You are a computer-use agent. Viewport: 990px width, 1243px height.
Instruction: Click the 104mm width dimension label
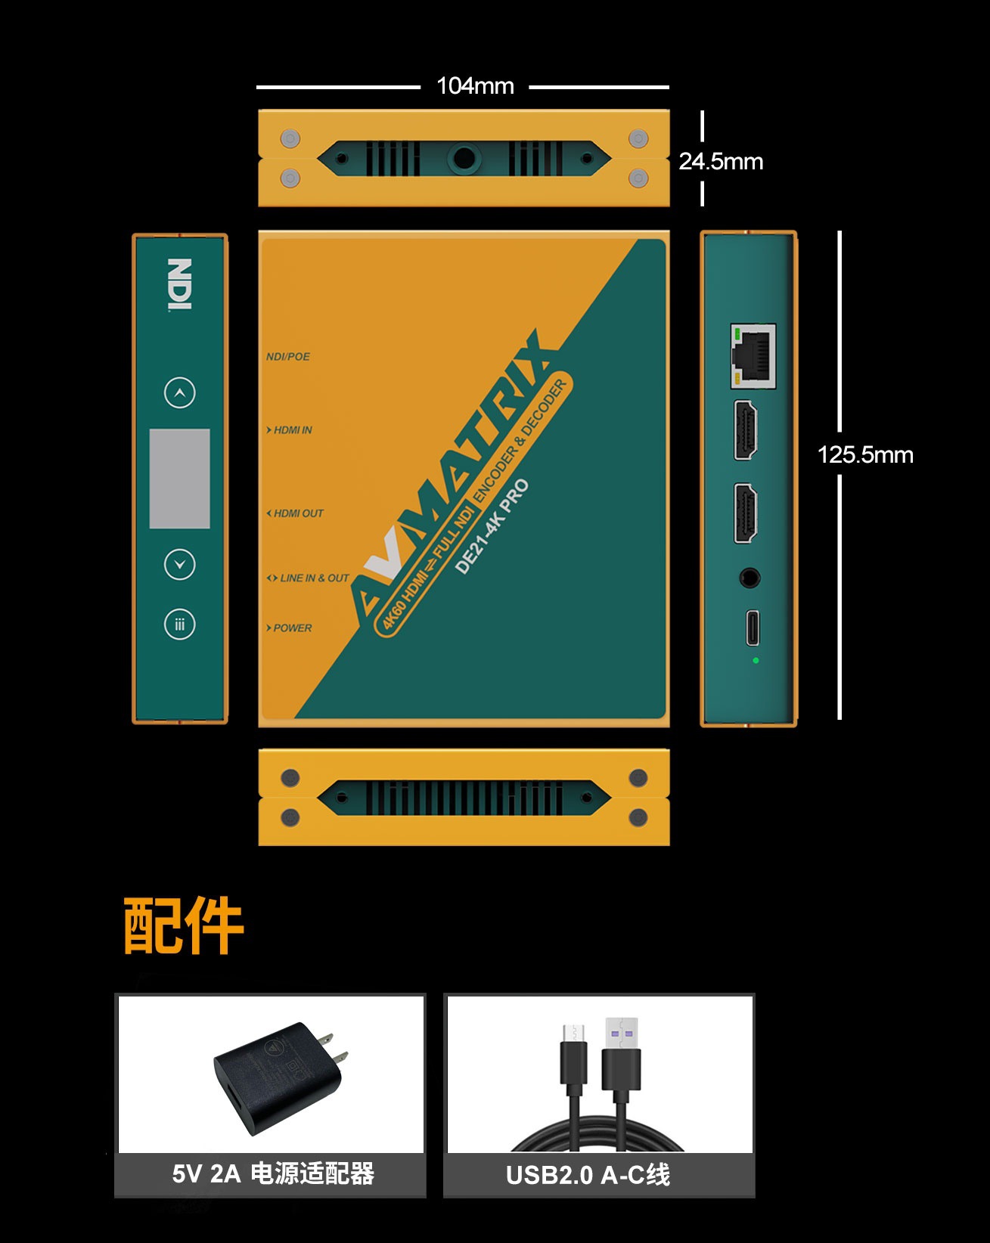click(475, 86)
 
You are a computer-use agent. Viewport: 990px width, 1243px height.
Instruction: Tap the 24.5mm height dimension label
click(721, 161)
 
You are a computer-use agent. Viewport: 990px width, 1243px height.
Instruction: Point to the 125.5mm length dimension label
click(865, 454)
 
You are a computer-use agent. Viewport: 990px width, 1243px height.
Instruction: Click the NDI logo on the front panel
click(180, 284)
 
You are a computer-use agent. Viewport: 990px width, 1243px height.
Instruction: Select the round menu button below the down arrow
click(180, 625)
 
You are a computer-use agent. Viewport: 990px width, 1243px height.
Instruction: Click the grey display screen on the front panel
click(180, 479)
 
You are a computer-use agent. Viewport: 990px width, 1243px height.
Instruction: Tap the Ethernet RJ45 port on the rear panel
click(753, 355)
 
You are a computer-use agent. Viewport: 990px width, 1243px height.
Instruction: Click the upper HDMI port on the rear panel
click(746, 430)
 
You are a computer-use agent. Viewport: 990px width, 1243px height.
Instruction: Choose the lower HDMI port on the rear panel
click(746, 513)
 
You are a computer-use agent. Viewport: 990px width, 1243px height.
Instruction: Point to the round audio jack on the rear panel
click(749, 578)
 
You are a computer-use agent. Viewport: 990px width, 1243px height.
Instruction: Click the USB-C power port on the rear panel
click(753, 628)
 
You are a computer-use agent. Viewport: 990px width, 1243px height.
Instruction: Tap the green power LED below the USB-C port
click(756, 661)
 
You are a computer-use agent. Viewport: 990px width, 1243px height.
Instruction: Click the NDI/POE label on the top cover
click(288, 357)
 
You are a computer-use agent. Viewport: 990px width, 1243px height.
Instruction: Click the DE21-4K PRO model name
click(492, 527)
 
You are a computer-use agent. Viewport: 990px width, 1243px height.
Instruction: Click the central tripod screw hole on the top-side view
click(464, 159)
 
